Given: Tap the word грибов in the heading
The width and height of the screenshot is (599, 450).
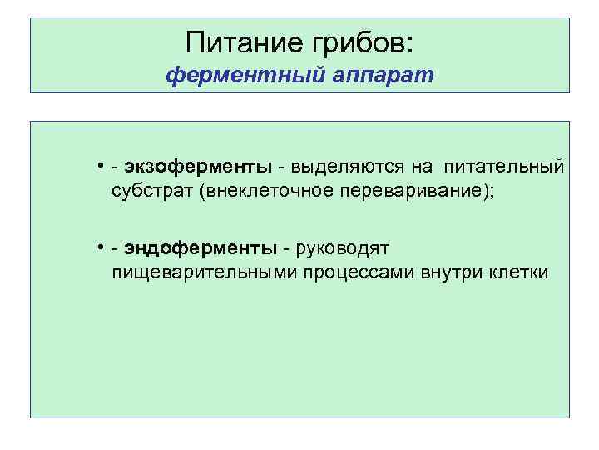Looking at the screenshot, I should [x=359, y=42].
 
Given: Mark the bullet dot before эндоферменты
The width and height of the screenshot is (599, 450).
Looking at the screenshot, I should [x=99, y=247].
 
